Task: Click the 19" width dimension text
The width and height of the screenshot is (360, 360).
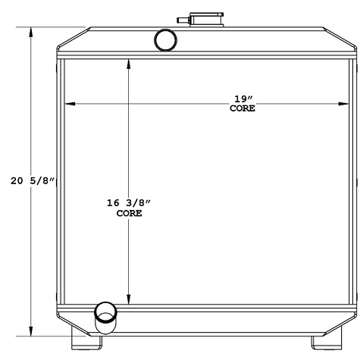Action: pos(242,99)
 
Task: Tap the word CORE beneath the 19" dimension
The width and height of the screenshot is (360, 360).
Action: pos(242,109)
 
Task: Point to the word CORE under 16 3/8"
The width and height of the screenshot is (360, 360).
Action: pos(129,214)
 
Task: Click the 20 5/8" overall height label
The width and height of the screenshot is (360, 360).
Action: pos(33,181)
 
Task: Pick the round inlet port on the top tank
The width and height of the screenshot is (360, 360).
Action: pos(164,39)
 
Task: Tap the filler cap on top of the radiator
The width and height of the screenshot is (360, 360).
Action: pos(202,18)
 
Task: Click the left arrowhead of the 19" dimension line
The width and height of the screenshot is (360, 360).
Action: pos(68,103)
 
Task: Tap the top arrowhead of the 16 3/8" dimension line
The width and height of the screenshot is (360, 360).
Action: pos(129,63)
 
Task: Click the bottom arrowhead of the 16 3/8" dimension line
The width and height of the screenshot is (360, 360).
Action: pos(129,299)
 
